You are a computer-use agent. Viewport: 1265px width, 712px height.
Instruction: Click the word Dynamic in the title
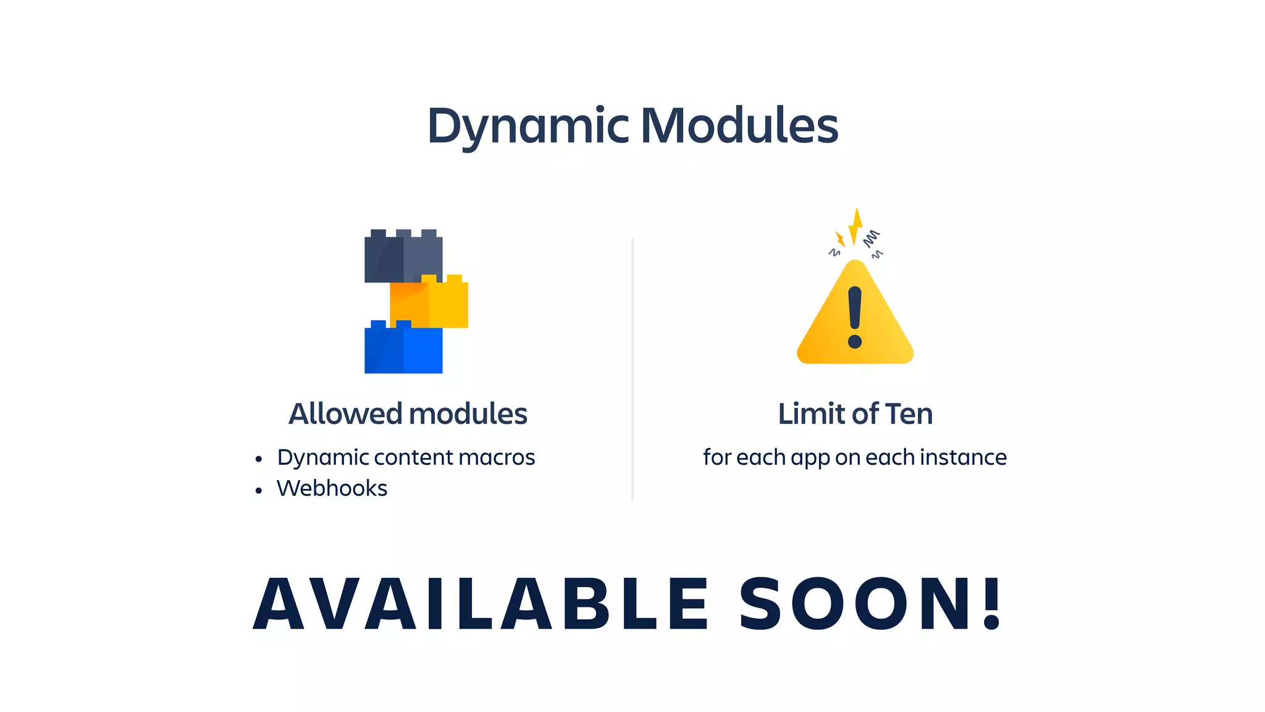click(528, 126)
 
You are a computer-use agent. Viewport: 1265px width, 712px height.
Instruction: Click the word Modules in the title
click(739, 126)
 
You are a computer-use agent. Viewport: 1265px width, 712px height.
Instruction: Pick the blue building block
click(403, 349)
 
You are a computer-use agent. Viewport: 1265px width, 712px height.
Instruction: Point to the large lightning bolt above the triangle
click(856, 226)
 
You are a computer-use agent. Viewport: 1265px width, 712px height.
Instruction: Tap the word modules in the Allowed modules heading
click(468, 413)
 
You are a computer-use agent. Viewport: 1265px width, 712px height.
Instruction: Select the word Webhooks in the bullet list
click(332, 488)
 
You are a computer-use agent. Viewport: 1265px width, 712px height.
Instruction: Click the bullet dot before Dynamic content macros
click(259, 459)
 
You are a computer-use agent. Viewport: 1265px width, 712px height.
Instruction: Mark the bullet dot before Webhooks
click(259, 491)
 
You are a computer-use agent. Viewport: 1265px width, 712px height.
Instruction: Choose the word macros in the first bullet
click(497, 457)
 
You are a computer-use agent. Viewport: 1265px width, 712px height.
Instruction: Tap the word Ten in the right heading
click(909, 413)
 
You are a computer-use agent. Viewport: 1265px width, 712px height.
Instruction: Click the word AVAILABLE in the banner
click(482, 604)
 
